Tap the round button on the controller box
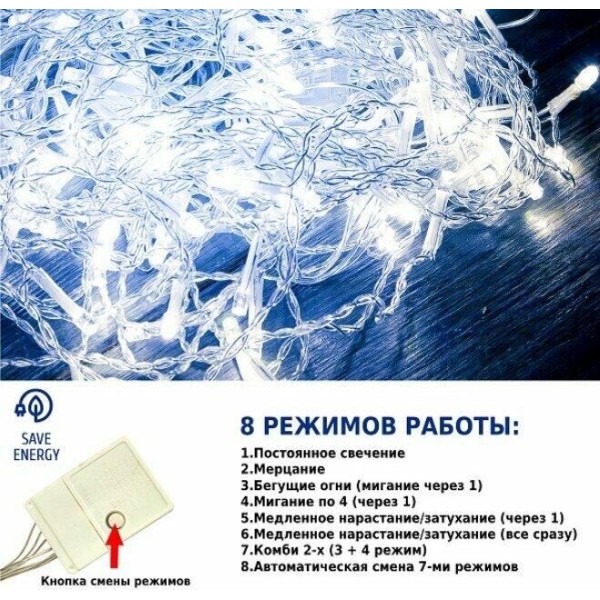116,520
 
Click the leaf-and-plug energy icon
34,407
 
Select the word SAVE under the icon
36,439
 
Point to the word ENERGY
36,455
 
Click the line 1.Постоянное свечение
323,453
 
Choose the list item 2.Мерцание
283,469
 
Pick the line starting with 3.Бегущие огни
361,486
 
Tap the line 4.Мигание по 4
328,501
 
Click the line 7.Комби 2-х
333,550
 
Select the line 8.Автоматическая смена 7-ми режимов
380,566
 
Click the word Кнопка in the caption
63,582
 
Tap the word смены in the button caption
109,582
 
